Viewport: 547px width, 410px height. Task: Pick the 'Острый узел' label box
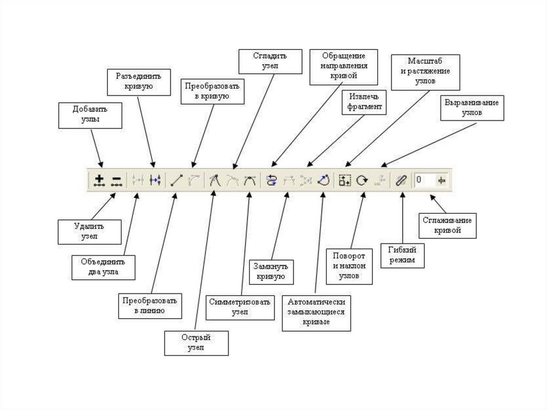196,343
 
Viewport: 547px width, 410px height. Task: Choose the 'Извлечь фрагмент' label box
364,102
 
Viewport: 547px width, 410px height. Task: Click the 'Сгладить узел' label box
270,61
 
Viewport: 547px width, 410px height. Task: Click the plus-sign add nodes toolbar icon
99,181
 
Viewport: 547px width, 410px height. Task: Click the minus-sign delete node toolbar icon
116,181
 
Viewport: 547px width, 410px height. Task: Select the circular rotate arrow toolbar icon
362,181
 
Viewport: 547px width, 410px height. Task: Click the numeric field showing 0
425,181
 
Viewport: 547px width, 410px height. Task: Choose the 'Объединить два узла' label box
103,267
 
